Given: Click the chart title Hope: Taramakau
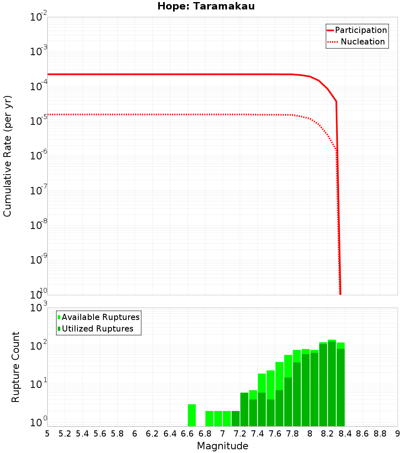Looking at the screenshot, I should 208,6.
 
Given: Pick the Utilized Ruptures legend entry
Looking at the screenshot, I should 97,329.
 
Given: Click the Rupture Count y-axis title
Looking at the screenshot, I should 16,367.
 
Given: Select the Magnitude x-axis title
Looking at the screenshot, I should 222,446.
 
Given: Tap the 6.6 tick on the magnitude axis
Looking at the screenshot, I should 187,434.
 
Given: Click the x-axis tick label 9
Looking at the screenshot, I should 398,434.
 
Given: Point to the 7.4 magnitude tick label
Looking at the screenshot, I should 257,434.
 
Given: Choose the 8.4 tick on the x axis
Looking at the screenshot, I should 345,434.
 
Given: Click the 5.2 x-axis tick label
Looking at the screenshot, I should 65,434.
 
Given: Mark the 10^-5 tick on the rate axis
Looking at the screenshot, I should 38,121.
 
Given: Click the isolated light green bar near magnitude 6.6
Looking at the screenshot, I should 192,415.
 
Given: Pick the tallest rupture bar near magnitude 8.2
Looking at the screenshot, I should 332,383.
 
